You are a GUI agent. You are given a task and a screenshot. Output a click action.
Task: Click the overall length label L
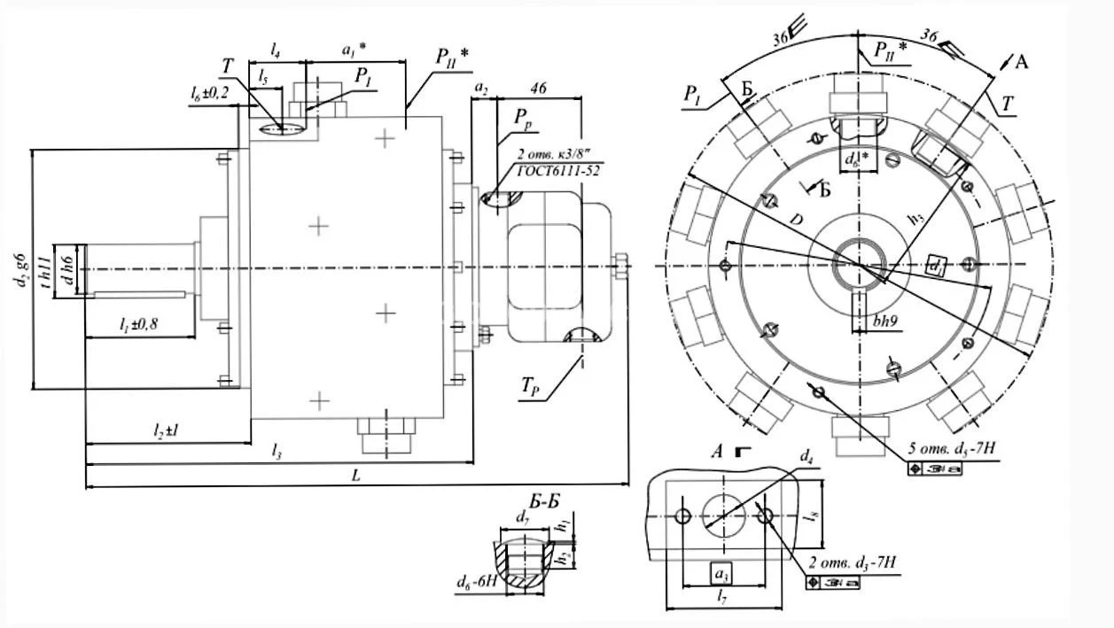[355, 476]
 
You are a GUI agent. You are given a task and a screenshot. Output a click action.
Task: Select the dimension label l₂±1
[167, 430]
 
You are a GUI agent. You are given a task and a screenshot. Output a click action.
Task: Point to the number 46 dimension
[537, 89]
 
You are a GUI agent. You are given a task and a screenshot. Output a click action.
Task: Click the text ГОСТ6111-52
[556, 171]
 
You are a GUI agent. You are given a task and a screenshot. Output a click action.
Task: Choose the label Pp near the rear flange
[526, 116]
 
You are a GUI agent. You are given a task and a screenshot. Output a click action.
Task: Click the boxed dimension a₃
[722, 573]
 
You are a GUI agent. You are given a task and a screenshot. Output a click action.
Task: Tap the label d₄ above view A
[806, 457]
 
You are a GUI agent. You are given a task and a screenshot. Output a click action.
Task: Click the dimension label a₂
[480, 89]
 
